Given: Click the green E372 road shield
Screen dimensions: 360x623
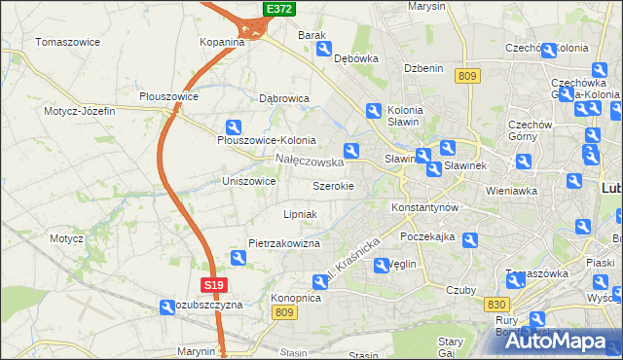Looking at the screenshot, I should [279, 9].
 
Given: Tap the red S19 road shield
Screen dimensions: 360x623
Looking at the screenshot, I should [215, 285].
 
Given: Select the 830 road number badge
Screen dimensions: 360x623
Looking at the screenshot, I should [495, 305].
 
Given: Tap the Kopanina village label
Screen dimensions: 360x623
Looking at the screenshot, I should [222, 42].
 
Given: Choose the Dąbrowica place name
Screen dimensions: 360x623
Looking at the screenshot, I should [284, 98].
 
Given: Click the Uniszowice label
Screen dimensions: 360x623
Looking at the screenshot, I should [249, 181].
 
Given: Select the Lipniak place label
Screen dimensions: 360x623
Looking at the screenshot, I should [300, 213].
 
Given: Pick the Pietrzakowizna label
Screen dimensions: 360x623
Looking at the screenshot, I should [284, 243].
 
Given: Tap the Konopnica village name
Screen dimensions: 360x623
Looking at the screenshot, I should [296, 298].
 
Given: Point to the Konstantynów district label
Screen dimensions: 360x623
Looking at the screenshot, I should [423, 208].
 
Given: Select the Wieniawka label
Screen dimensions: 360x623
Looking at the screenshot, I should [511, 191].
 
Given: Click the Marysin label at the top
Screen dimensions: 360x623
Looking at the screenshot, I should [426, 6].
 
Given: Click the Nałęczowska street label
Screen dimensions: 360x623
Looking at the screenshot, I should [309, 161].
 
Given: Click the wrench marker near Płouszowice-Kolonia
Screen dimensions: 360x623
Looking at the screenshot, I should [234, 126].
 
